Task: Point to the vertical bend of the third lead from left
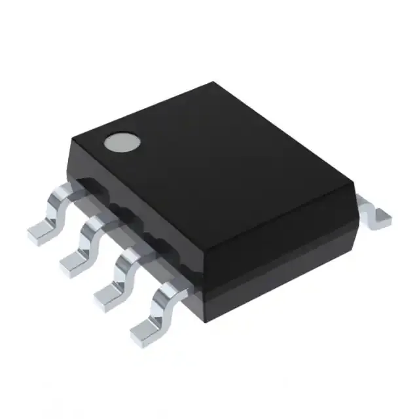(x=122, y=275)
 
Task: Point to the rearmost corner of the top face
(x=213, y=83)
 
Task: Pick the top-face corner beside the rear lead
(x=354, y=190)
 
